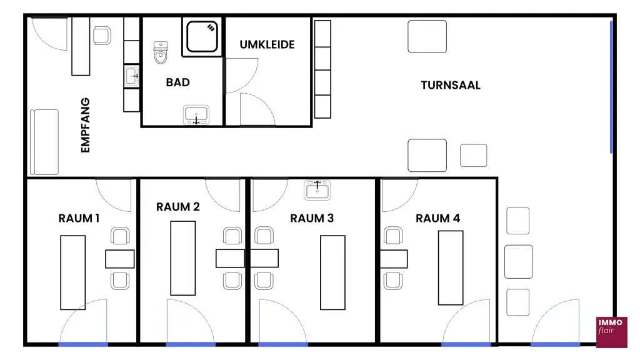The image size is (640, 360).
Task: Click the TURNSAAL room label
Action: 451,85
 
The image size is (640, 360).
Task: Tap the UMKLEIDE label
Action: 267,44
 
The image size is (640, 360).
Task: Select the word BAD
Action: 178,82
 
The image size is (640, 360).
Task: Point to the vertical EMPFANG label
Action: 85,125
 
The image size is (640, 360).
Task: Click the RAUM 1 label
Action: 79,218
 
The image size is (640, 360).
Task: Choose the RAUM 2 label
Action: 178,207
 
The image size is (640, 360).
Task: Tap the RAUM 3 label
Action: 312,218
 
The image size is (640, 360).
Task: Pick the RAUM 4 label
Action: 437,218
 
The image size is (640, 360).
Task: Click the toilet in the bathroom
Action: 161,52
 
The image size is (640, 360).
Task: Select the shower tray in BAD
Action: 202,37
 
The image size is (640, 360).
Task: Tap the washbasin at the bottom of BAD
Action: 196,115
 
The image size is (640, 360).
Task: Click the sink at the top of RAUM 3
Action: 317,190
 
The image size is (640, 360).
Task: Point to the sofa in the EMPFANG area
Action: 44,142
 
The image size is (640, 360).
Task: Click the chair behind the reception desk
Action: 102,36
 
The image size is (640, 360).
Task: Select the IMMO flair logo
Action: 611,332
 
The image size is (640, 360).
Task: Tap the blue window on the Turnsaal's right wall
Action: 611,87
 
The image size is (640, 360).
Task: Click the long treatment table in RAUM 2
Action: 183,258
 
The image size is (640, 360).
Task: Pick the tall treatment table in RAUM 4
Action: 451,267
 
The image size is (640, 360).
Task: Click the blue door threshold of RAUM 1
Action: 83,345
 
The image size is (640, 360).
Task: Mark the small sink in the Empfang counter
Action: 131,76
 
